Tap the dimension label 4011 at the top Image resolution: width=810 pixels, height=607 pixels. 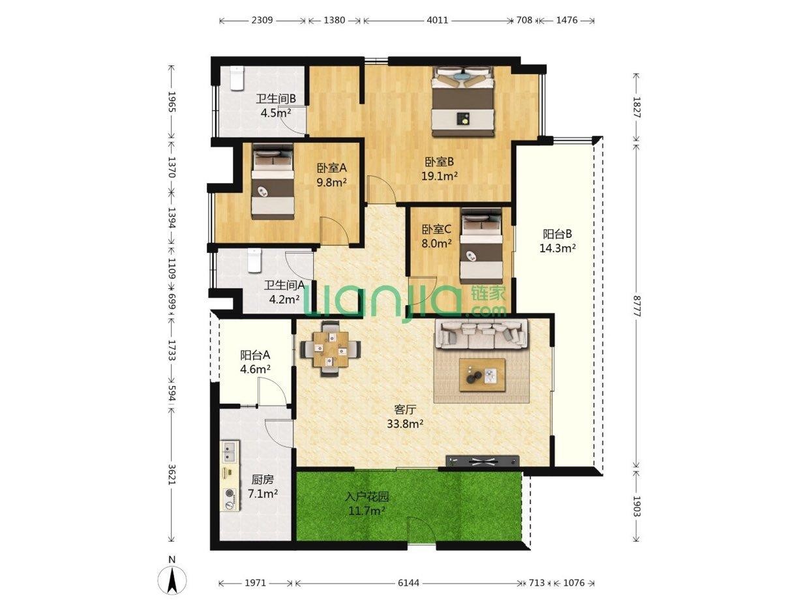pos(438,20)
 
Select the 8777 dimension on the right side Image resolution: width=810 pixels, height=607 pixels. pos(636,305)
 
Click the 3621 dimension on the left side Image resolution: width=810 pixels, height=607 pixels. pos(172,474)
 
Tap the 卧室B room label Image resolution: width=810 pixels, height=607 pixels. pos(439,162)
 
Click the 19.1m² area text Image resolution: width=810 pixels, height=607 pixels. pos(440,176)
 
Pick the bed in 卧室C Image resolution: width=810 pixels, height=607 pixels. pos(481,246)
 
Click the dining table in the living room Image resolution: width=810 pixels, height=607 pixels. pos(330,349)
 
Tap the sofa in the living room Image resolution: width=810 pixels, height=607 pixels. pos(481,334)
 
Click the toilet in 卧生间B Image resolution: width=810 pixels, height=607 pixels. pos(236,78)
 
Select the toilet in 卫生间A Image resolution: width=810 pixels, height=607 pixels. pos(254,261)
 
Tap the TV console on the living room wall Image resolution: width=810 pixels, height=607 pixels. pos(483,460)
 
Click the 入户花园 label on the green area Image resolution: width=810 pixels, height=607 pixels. pos(367,497)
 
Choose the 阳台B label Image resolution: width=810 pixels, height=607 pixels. pos(557,234)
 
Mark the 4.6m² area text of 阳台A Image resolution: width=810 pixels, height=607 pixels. pos(256,369)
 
